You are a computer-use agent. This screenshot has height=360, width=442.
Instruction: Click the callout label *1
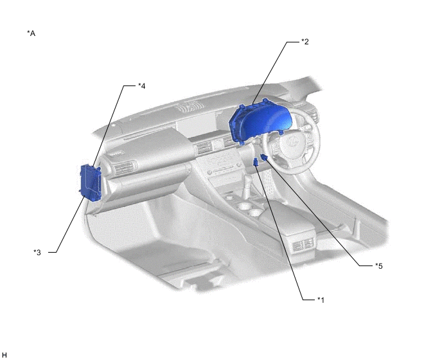point(321,300)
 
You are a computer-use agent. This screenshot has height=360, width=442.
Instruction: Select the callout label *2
point(305,42)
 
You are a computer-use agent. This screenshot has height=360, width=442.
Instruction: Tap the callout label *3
point(37,252)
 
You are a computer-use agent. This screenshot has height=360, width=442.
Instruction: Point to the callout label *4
point(142,85)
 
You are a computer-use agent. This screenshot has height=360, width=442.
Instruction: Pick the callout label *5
point(379,265)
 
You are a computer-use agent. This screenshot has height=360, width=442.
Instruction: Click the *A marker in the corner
point(31,33)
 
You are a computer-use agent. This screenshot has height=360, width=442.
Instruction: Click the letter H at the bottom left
point(4,355)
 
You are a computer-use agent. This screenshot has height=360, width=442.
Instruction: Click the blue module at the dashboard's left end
point(90,183)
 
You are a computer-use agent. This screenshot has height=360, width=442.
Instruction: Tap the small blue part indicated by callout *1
point(256,162)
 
